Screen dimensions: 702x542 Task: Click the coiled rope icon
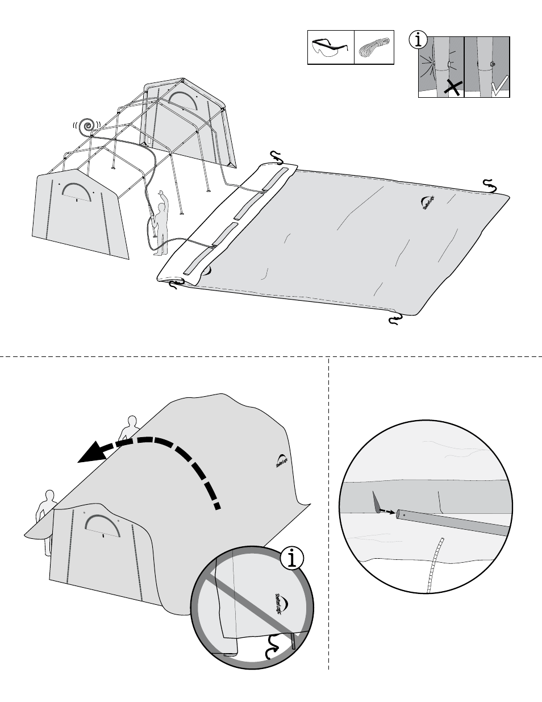pyautogui.click(x=374, y=47)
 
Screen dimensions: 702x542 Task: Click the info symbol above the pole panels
pyautogui.click(x=419, y=39)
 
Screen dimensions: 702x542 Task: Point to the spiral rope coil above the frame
pyautogui.click(x=87, y=127)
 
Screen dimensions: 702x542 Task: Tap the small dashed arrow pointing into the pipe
pyautogui.click(x=386, y=510)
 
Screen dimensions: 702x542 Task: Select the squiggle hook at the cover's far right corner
pyautogui.click(x=489, y=184)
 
